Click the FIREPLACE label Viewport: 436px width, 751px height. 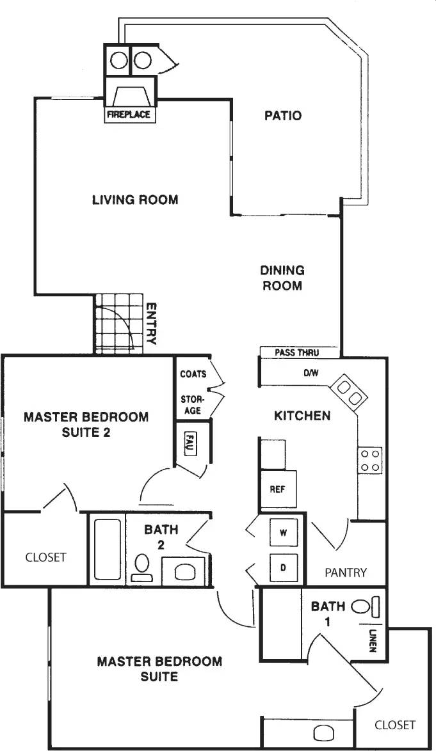(129, 115)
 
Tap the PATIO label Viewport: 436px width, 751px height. (282, 116)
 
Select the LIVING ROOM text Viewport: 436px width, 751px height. (134, 200)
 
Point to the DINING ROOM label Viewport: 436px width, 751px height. (282, 278)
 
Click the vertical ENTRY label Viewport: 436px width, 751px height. (151, 324)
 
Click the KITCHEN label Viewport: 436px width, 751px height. (302, 416)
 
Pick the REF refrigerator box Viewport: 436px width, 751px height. (278, 489)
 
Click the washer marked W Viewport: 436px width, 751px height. (282, 531)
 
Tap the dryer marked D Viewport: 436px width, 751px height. (282, 566)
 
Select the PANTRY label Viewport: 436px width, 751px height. (345, 572)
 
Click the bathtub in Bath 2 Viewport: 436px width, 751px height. (108, 548)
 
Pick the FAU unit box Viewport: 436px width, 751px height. (190, 443)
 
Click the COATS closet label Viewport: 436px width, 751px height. (193, 374)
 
